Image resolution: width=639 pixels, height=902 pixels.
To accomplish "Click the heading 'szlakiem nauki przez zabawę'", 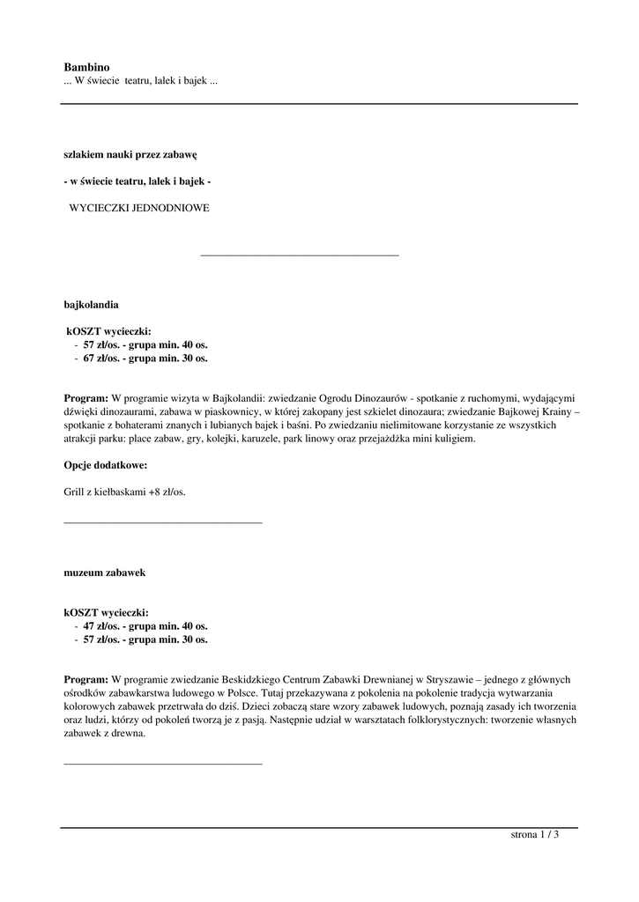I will tap(130, 153).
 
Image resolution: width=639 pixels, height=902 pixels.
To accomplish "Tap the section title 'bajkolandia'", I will tap(91, 304).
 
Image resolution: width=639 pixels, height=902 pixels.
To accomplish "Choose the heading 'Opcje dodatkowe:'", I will tap(105, 464).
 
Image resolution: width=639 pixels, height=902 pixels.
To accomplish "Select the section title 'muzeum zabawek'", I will tap(104, 572).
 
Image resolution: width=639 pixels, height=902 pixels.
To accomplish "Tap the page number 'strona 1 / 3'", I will tap(534, 835).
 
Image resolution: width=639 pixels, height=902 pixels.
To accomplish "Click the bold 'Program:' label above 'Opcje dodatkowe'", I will tap(85, 397).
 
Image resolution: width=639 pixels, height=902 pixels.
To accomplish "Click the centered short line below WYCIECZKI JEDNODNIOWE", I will tap(300, 255).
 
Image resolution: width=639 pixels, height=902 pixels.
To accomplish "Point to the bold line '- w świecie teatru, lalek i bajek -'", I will tap(137, 181).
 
